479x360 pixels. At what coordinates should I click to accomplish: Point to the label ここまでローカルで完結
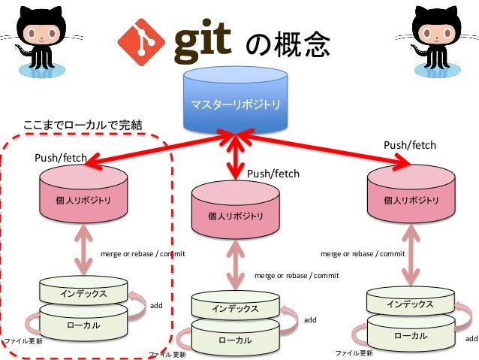(x=83, y=124)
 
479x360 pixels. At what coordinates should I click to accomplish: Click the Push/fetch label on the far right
(x=410, y=144)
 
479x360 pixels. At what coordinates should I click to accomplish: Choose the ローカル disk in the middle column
(x=235, y=340)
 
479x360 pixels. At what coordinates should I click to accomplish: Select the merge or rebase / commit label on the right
(x=363, y=253)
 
